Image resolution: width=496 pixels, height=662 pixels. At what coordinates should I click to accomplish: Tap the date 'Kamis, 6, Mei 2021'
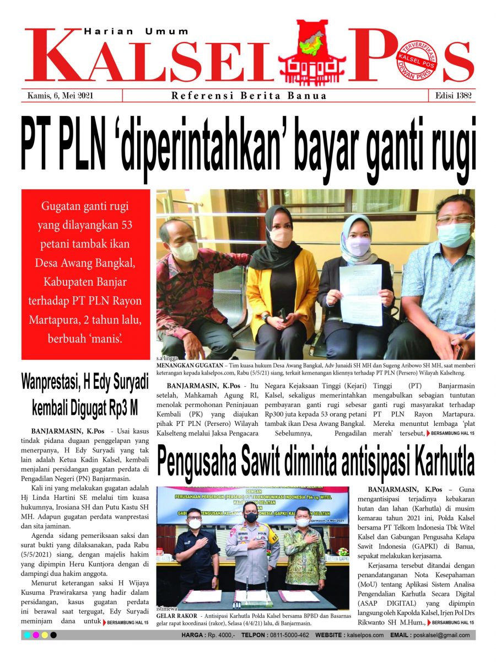pos(61,95)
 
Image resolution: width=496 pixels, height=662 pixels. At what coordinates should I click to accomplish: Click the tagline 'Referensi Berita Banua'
pos(249,95)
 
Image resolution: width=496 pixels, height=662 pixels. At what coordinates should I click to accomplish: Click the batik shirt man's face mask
pos(183,251)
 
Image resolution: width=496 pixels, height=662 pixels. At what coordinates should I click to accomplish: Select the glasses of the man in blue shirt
pos(455,219)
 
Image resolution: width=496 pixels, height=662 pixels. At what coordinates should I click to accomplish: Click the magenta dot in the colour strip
pos(35,635)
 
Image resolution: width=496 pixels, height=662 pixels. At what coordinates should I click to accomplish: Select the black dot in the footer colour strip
pos(53,635)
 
